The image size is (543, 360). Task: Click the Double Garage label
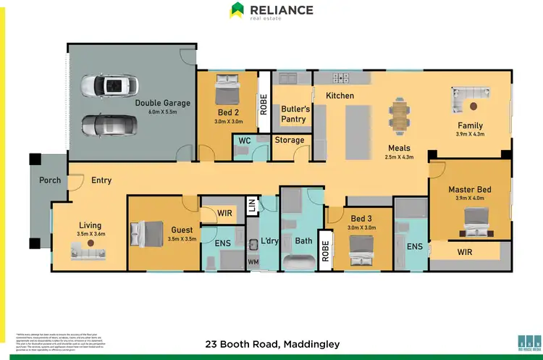click(x=162, y=103)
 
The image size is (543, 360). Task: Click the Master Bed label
click(x=469, y=190)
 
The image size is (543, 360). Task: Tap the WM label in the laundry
click(x=253, y=261)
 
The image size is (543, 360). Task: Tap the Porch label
click(x=50, y=180)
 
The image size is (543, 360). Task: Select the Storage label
click(x=290, y=140)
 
